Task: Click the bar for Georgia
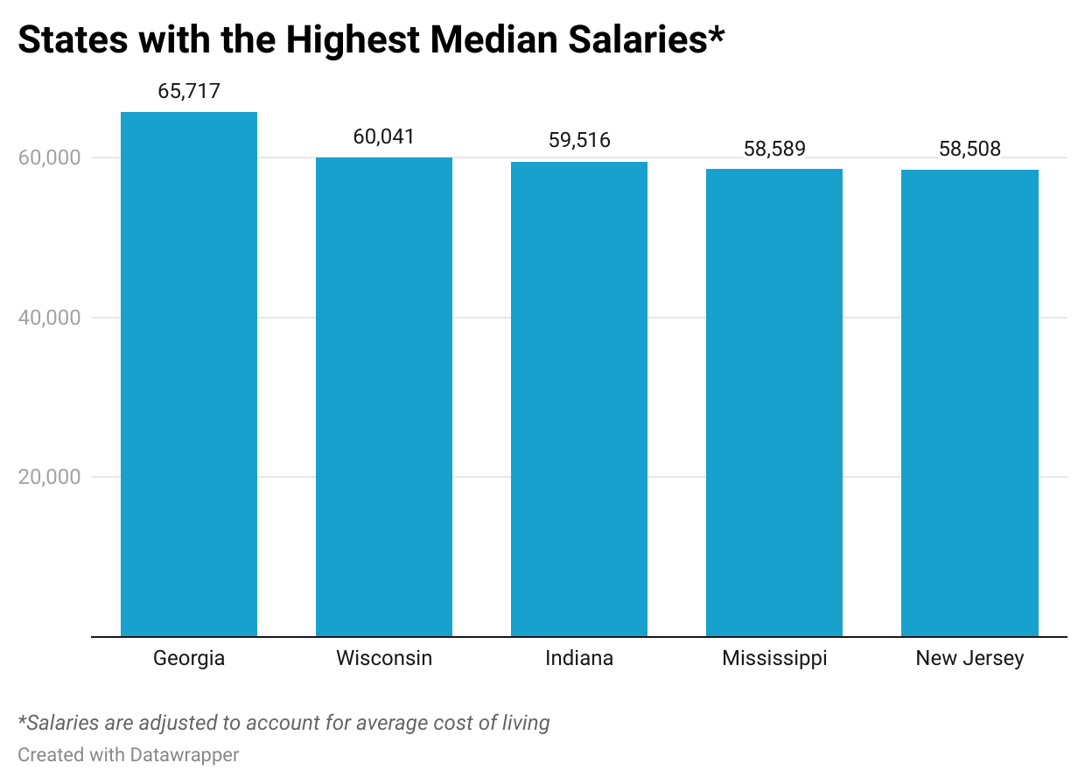coord(189,374)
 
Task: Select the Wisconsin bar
coord(384,397)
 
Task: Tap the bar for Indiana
coord(579,399)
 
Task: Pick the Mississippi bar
coord(774,402)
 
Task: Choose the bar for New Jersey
coord(969,403)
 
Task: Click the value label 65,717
coord(189,92)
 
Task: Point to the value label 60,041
coord(384,137)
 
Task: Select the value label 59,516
coord(579,141)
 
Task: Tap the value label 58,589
coord(774,149)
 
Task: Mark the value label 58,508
coord(969,150)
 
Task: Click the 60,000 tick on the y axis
coord(49,158)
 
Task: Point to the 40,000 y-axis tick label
coord(49,318)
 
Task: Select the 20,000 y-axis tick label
coord(49,478)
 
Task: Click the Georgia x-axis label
coord(189,659)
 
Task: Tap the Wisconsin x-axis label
coord(384,658)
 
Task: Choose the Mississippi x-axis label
coord(774,659)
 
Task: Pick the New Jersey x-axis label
coord(969,659)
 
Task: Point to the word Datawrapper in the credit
coord(185,754)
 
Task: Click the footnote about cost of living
coord(284,724)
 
